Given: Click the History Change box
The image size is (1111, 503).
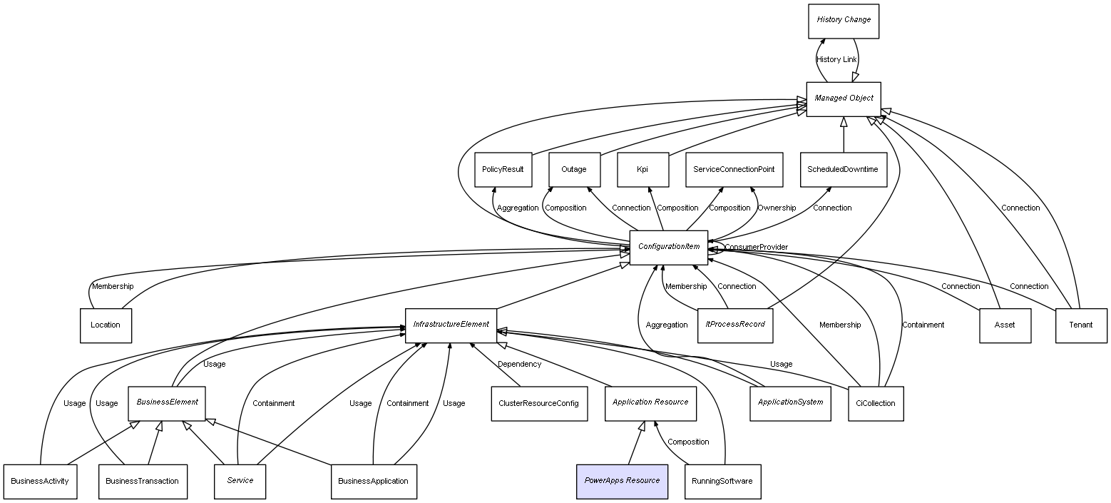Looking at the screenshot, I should pyautogui.click(x=843, y=21).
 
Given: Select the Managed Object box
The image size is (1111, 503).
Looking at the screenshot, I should pyautogui.click(x=843, y=98).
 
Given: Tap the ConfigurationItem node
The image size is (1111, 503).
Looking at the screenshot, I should pyautogui.click(x=668, y=247).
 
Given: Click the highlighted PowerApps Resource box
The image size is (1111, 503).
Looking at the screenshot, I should pyautogui.click(x=622, y=481).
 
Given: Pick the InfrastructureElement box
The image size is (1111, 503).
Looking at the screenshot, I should pyautogui.click(x=451, y=325).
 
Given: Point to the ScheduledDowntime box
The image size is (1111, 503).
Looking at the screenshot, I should pyautogui.click(x=843, y=170).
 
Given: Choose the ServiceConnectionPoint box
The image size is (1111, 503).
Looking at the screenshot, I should pyautogui.click(x=734, y=170).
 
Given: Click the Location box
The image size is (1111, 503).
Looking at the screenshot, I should pyautogui.click(x=106, y=325).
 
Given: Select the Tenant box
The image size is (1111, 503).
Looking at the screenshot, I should pyautogui.click(x=1081, y=325).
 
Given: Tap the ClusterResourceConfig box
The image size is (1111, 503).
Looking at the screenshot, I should pyautogui.click(x=539, y=403).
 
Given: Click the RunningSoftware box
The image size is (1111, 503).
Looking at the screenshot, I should pyautogui.click(x=722, y=481).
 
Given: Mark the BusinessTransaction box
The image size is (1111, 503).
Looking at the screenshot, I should pyautogui.click(x=142, y=481).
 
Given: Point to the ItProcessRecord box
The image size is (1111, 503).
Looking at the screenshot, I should pyautogui.click(x=734, y=325).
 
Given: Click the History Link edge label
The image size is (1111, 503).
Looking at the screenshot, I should pyautogui.click(x=836, y=60).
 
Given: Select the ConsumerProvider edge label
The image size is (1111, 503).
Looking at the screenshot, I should pyautogui.click(x=757, y=248).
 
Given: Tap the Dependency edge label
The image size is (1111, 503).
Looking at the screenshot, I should pyautogui.click(x=519, y=365).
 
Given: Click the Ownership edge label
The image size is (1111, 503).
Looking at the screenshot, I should pyautogui.click(x=777, y=208).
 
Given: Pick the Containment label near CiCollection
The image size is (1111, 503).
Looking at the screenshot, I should pyautogui.click(x=923, y=325).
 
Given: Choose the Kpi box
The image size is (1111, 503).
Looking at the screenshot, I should pyautogui.click(x=642, y=170).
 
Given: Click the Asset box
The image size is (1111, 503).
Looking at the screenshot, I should pyautogui.click(x=1004, y=325).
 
